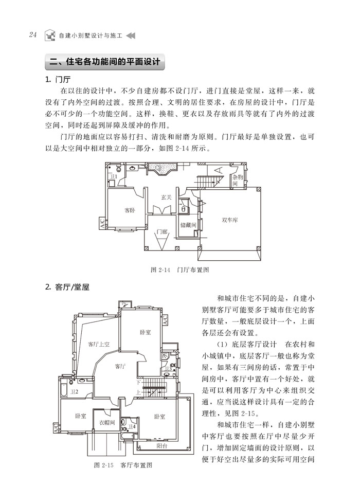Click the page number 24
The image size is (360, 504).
click(x=32, y=35)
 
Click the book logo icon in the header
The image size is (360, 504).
click(x=49, y=35)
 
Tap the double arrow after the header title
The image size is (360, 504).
click(x=131, y=35)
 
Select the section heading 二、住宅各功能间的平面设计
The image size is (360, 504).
click(x=104, y=63)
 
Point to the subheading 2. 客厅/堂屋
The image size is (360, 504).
click(x=67, y=287)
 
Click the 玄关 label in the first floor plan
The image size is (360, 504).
click(x=166, y=197)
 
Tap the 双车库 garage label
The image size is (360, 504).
click(x=229, y=220)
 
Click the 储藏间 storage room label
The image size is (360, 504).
click(x=188, y=224)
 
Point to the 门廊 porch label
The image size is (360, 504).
click(x=161, y=232)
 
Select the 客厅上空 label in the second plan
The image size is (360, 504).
click(x=98, y=344)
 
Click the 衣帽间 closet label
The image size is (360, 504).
click(x=107, y=423)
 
